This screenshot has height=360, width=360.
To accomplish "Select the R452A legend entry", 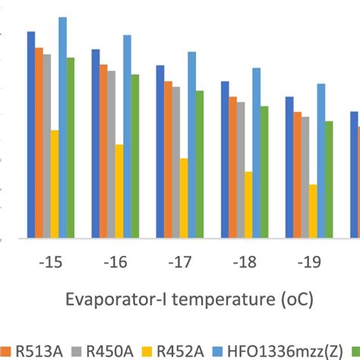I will [185, 351].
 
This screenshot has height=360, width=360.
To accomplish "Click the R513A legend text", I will [31, 351].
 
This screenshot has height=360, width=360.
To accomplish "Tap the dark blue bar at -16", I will [96, 144].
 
